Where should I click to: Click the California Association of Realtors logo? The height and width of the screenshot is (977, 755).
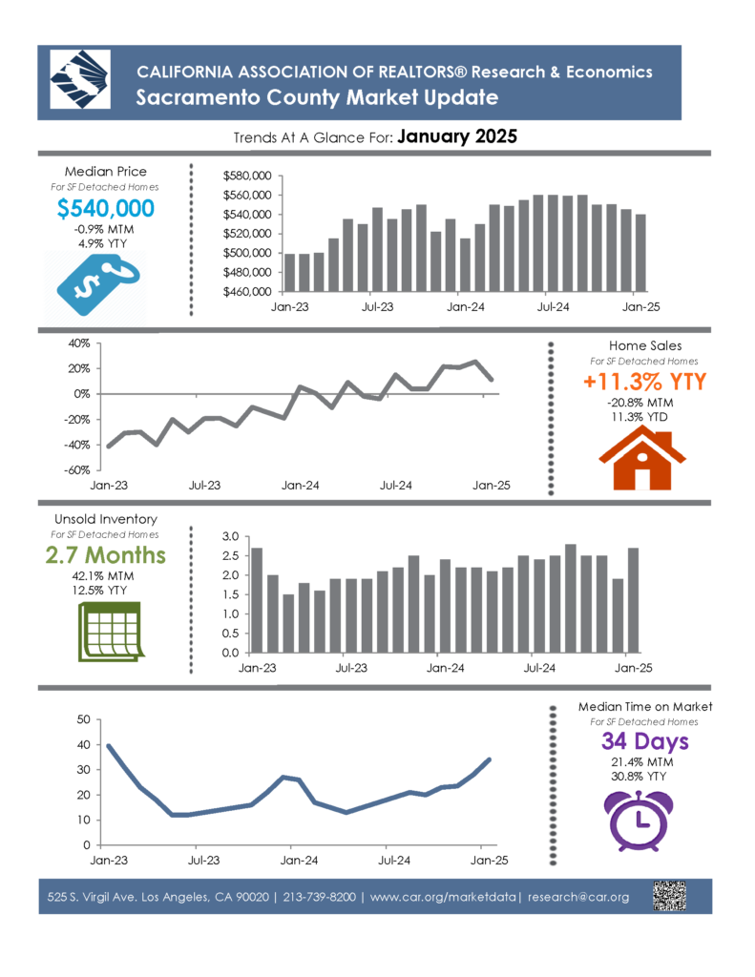tap(80, 80)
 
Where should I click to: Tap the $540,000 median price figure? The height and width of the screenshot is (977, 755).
tap(105, 208)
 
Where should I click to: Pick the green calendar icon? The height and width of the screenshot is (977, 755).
tap(111, 632)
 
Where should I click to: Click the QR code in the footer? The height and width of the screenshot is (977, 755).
tap(669, 896)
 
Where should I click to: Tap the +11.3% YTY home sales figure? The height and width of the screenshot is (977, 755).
tap(644, 382)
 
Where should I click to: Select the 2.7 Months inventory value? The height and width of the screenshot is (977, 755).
tap(105, 554)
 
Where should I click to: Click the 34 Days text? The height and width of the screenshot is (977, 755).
tap(644, 740)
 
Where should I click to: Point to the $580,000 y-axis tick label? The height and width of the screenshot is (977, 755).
tap(247, 176)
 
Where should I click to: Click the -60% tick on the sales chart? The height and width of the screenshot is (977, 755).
tap(76, 469)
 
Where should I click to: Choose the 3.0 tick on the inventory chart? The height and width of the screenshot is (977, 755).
tap(231, 536)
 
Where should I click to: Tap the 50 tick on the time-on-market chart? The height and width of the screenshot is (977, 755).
tap(84, 719)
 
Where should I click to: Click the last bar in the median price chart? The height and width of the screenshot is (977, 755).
tap(640, 253)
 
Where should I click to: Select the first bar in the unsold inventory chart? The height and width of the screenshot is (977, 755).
tap(256, 601)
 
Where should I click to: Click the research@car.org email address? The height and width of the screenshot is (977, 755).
tap(577, 897)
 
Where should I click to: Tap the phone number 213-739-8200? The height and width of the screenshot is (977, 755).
tap(319, 897)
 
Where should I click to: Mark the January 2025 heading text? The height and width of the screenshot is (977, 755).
tap(457, 136)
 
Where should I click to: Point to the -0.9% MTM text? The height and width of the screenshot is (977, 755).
tap(103, 229)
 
